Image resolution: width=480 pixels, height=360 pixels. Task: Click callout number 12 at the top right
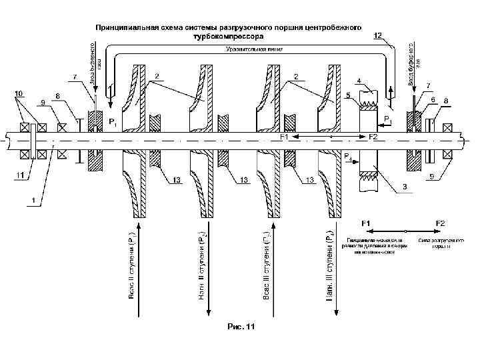click(x=378, y=35)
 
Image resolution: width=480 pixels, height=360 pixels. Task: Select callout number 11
click(x=21, y=176)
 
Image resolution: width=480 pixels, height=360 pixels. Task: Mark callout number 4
click(x=360, y=81)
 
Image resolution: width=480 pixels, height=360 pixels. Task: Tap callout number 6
click(x=433, y=99)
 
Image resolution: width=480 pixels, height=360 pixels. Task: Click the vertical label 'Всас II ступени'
click(x=133, y=265)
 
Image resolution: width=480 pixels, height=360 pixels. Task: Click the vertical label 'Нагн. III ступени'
click(x=331, y=265)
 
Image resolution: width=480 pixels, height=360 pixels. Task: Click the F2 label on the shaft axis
click(x=373, y=137)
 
